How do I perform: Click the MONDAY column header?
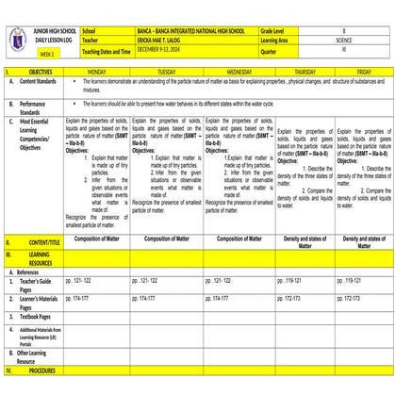(x=97, y=71)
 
